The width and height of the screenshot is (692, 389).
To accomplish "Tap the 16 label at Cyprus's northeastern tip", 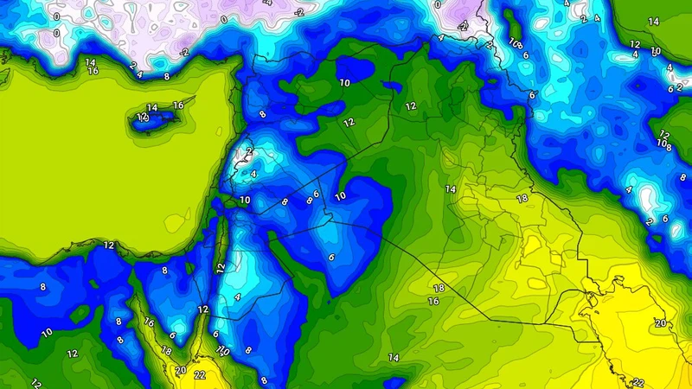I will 178,105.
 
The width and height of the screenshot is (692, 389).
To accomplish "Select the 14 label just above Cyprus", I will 152,108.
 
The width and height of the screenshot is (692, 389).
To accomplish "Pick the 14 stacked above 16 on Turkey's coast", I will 91,62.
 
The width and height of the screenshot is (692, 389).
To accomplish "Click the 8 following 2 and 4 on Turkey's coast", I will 167,77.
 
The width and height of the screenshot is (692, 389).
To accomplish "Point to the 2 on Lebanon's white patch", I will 248,151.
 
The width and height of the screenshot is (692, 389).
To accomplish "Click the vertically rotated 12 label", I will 221,268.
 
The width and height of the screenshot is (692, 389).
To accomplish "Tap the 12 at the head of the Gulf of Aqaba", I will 203,309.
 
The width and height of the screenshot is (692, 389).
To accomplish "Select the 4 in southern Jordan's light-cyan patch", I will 237,297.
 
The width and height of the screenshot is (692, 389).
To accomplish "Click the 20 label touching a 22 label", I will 180,370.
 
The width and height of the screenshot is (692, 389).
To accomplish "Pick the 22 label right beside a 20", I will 200,374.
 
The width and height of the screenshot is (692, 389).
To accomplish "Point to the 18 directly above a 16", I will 439,288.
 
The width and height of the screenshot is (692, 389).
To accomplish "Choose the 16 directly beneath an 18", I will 433,302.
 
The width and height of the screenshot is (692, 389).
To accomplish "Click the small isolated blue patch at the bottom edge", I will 396,381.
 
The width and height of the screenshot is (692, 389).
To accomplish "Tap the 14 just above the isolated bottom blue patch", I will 394,358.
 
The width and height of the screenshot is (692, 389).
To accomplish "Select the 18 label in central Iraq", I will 522,199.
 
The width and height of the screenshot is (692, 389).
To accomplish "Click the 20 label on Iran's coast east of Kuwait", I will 661,323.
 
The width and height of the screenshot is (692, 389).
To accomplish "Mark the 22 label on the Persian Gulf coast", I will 638,382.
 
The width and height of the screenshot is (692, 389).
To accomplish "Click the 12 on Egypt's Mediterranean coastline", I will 109,246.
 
